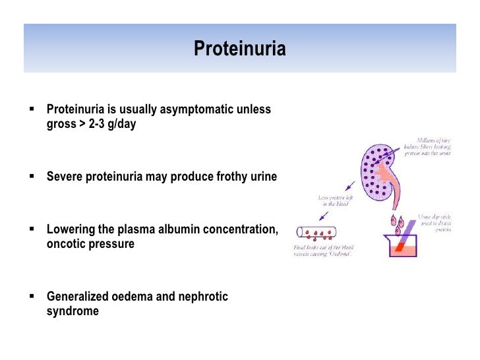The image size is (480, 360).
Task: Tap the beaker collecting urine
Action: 404,244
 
